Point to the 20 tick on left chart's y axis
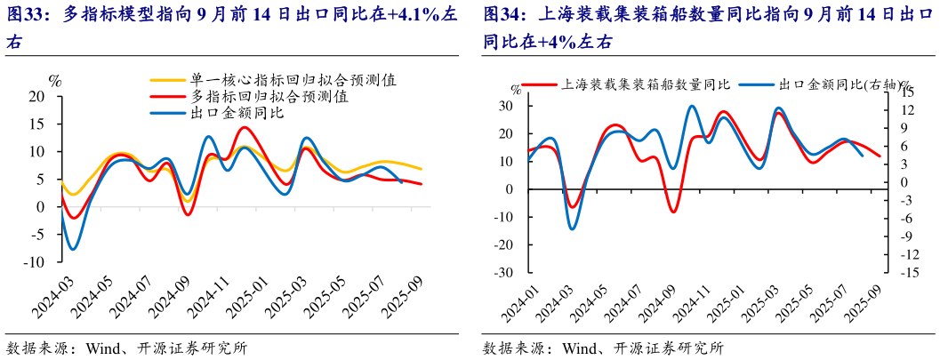pos(36,97)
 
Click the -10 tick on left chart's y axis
pos(34,262)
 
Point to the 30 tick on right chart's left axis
pos(506,106)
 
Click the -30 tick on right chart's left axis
pos(503,273)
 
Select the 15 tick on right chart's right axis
pos(905,92)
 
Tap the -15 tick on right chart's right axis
pos(908,273)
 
